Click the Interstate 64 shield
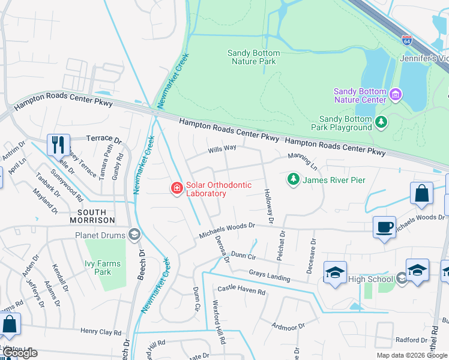point(407,41)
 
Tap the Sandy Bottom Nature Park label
point(253,57)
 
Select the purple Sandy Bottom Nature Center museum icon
point(396,94)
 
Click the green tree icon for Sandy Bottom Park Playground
point(381,122)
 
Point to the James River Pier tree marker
point(293,179)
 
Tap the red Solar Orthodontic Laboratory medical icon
point(177,189)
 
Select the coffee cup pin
point(384,227)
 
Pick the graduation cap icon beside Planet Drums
point(134,235)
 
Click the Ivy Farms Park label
point(103,268)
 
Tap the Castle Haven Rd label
point(241,291)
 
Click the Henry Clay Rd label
point(101,331)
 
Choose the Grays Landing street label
point(269,276)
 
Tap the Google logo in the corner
point(19,353)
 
